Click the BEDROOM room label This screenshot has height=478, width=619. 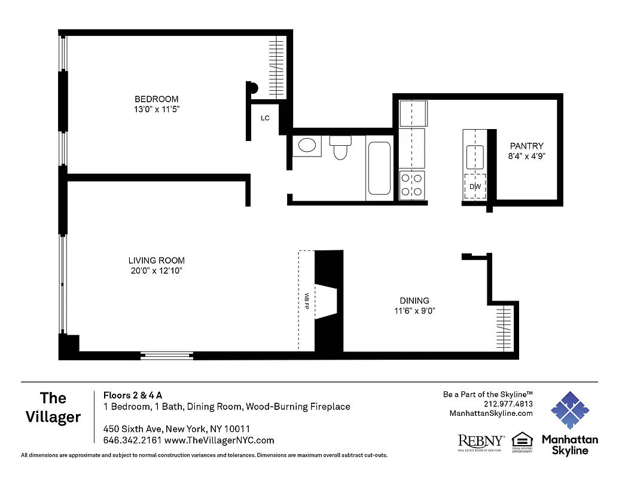pos(156,99)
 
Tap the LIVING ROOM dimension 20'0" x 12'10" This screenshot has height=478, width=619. pos(156,271)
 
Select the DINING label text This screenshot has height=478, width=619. pos(414,301)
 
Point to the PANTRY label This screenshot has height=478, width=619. pos(526,146)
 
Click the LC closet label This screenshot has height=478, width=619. pos(265,118)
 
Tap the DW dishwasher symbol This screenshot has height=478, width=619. pos(475,187)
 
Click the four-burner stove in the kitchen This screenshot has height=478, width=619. pos(411,184)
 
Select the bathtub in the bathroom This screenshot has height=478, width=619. pos(380,168)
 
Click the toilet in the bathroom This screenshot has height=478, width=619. pos(340,147)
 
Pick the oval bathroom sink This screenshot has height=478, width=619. pos(307,146)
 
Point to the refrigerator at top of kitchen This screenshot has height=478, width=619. pos(412,113)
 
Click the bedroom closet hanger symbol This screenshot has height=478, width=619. pos(276,67)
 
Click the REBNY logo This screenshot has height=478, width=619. pos(480,442)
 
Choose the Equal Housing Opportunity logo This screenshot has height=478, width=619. pos(522,443)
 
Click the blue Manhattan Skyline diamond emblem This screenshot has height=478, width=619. pos(569,411)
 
